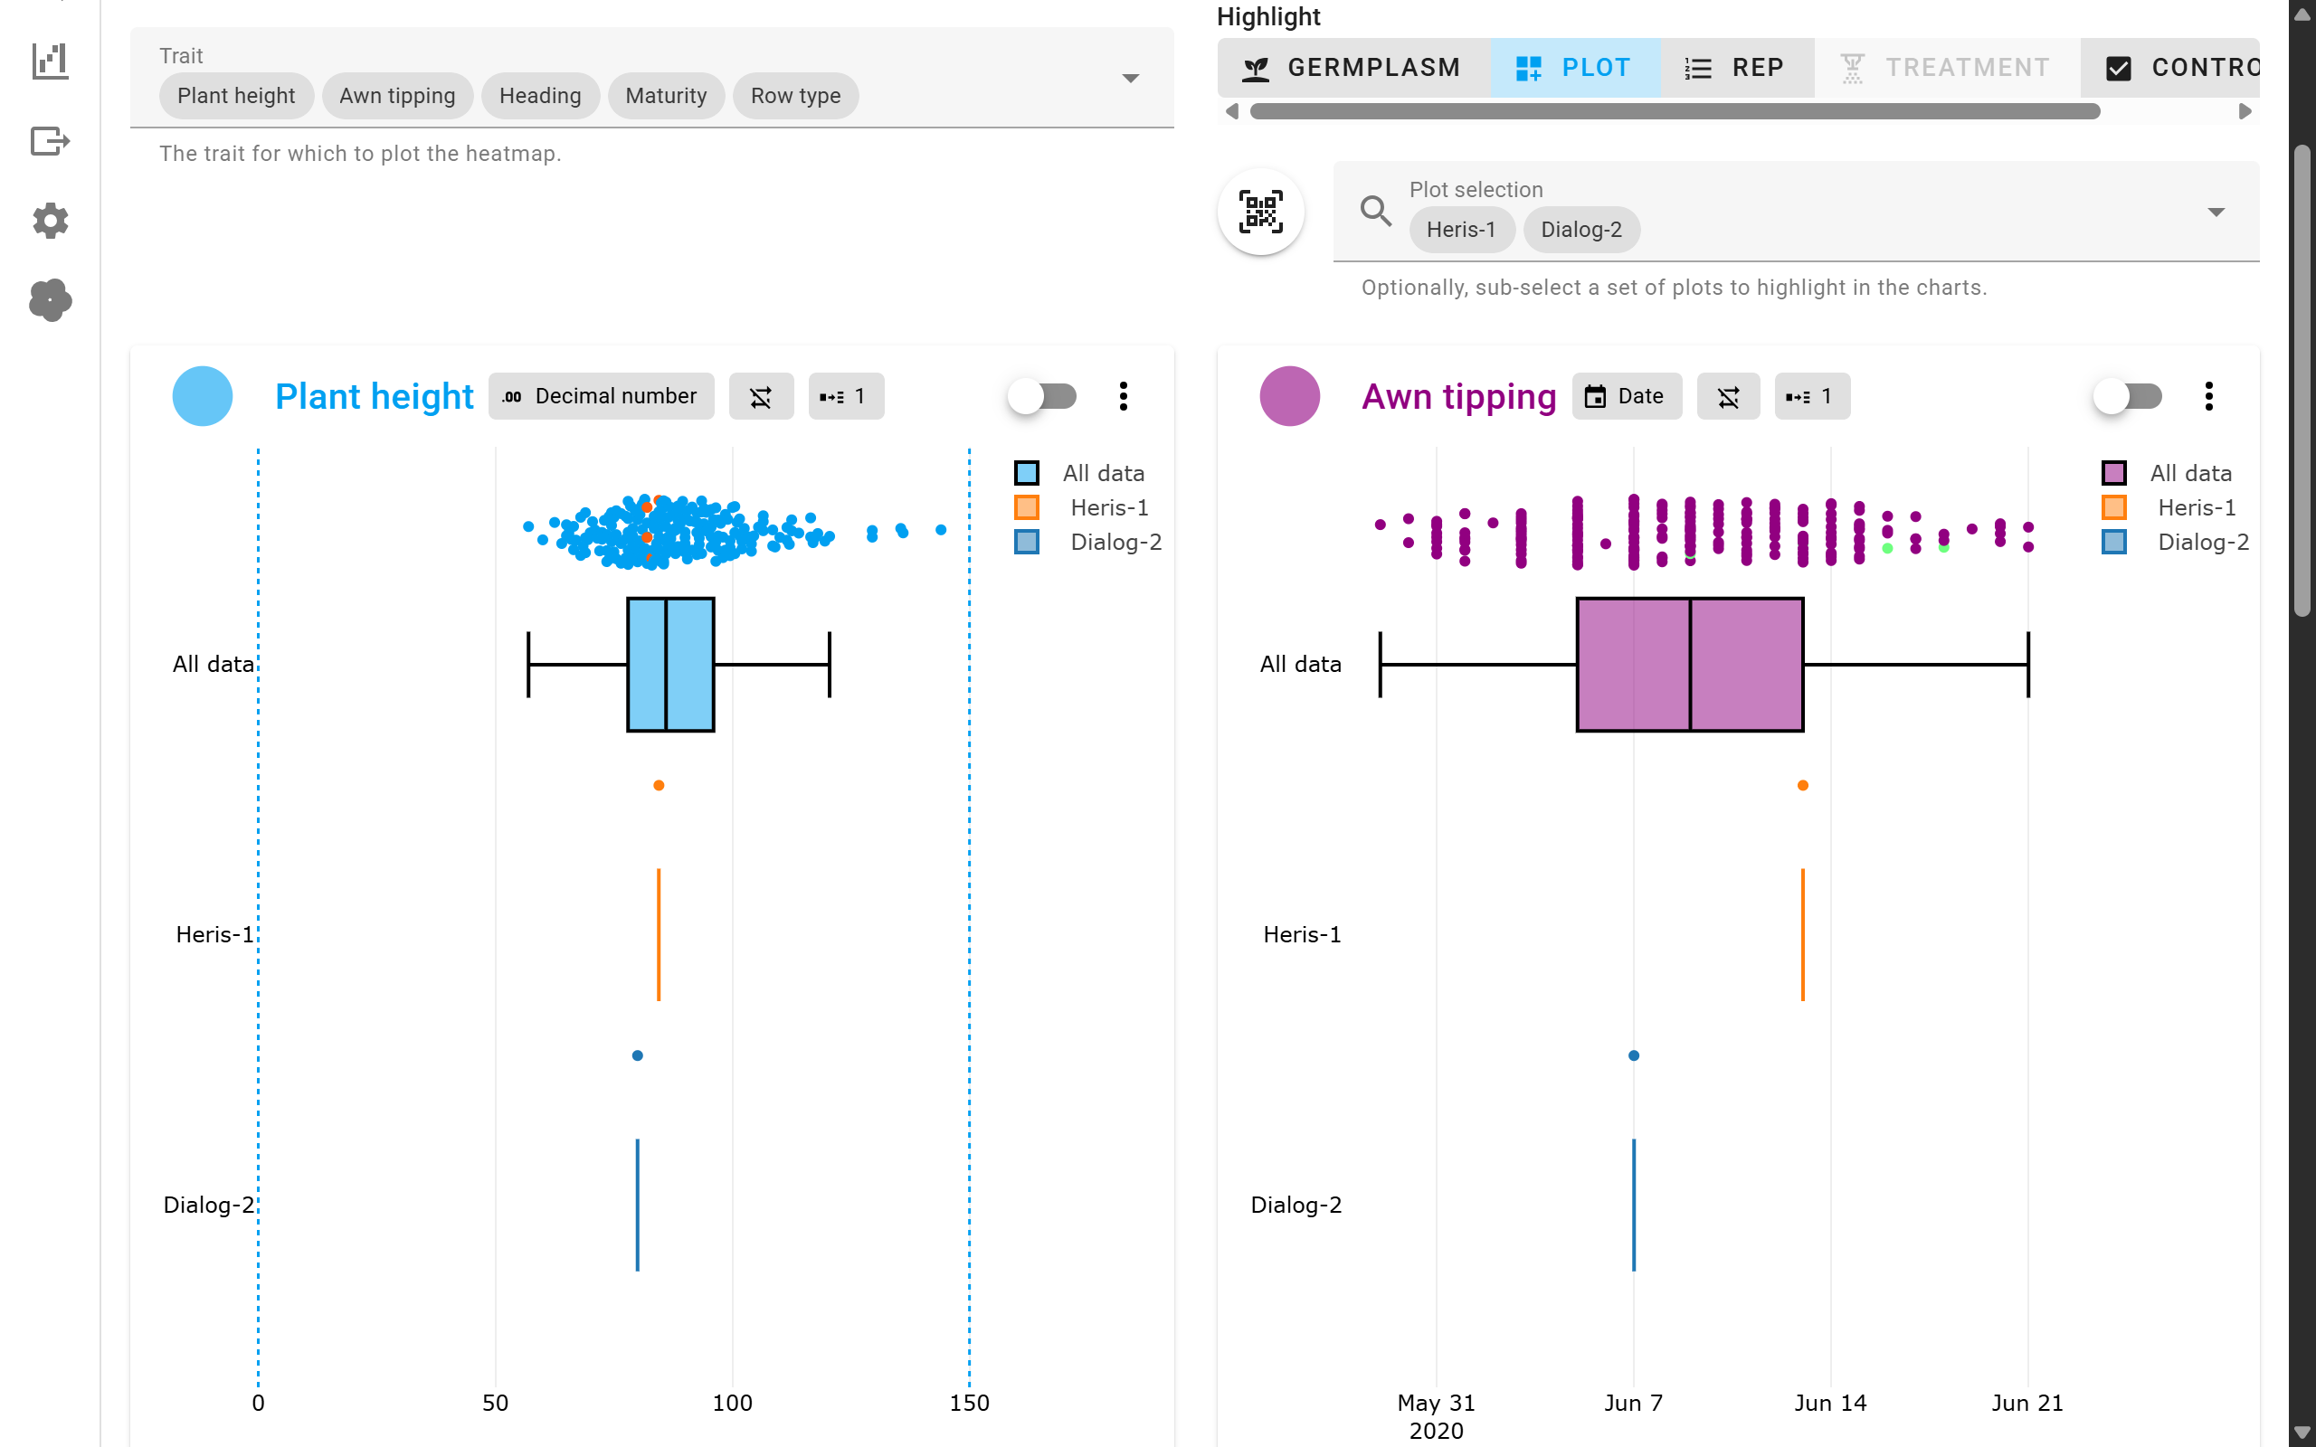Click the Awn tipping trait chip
[397, 96]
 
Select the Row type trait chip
[794, 96]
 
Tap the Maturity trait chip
[665, 96]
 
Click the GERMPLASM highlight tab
[1353, 68]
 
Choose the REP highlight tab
[1736, 68]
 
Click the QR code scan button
[1260, 212]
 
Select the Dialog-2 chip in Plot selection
[1580, 230]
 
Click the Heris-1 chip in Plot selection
[1460, 230]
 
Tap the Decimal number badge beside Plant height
[601, 396]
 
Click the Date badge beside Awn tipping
[1626, 396]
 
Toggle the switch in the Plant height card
[1042, 396]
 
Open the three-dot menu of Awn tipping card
[2207, 396]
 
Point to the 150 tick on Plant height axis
[969, 1403]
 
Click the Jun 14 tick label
[1830, 1403]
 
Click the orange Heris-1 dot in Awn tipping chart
[1802, 786]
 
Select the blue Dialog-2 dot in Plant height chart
[638, 1055]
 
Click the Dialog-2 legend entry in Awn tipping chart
[2201, 543]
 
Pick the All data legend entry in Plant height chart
[1103, 474]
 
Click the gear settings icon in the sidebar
[50, 221]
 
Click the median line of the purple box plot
[1690, 665]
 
